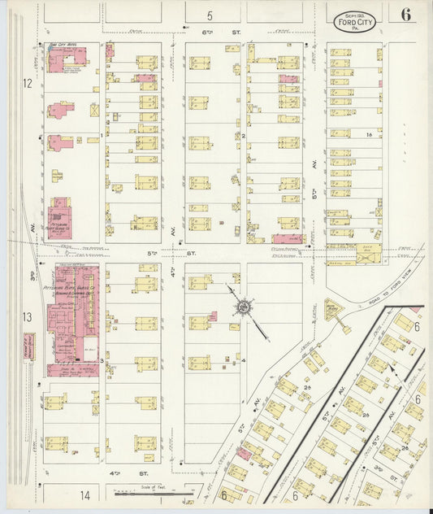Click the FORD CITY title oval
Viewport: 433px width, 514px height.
pyautogui.click(x=356, y=20)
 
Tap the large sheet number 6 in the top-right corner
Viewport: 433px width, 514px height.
pyautogui.click(x=405, y=15)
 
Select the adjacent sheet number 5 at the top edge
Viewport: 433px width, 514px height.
pyautogui.click(x=209, y=15)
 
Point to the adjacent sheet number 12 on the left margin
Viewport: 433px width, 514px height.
pyautogui.click(x=27, y=83)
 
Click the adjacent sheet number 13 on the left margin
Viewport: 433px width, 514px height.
pyautogui.click(x=27, y=317)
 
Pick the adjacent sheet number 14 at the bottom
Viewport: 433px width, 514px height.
pyautogui.click(x=84, y=494)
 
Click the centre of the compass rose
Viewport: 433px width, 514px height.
pyautogui.click(x=242, y=307)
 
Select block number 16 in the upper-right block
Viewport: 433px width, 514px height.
pyautogui.click(x=368, y=134)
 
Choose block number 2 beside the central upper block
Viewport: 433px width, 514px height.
pyautogui.click(x=243, y=136)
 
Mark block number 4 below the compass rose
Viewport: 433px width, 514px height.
pyautogui.click(x=243, y=359)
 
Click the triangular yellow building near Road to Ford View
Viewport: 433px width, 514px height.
pyautogui.click(x=333, y=310)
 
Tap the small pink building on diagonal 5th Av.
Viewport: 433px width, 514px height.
pyautogui.click(x=243, y=451)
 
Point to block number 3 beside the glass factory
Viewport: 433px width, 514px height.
pyautogui.click(x=101, y=359)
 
